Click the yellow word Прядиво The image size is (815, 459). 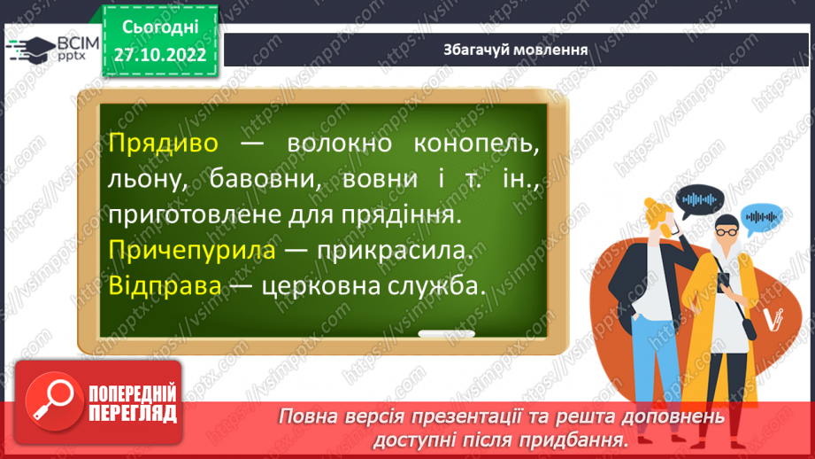[163, 144]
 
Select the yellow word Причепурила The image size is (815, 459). [192, 252]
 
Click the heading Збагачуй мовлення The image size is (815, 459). [516, 50]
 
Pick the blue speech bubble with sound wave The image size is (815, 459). [763, 215]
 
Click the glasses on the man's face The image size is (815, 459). [725, 230]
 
